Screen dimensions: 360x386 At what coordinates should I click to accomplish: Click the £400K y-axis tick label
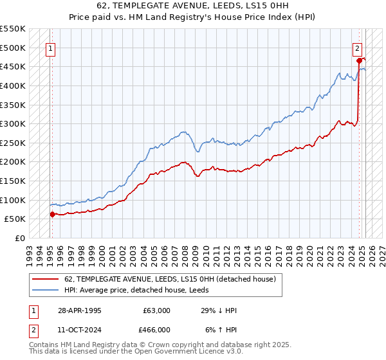click(x=13, y=85)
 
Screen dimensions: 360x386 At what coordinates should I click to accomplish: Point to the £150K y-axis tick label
click(x=13, y=181)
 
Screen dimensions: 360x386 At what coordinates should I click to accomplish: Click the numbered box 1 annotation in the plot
click(x=50, y=47)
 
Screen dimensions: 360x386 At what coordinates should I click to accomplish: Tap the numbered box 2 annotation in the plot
click(x=357, y=47)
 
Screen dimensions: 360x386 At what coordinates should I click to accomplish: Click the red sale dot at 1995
click(x=52, y=214)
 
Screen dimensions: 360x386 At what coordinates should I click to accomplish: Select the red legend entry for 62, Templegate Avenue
click(x=170, y=279)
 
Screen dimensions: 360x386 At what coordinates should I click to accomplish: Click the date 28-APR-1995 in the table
click(x=79, y=310)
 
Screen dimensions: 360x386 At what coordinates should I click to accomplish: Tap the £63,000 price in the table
click(x=156, y=310)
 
